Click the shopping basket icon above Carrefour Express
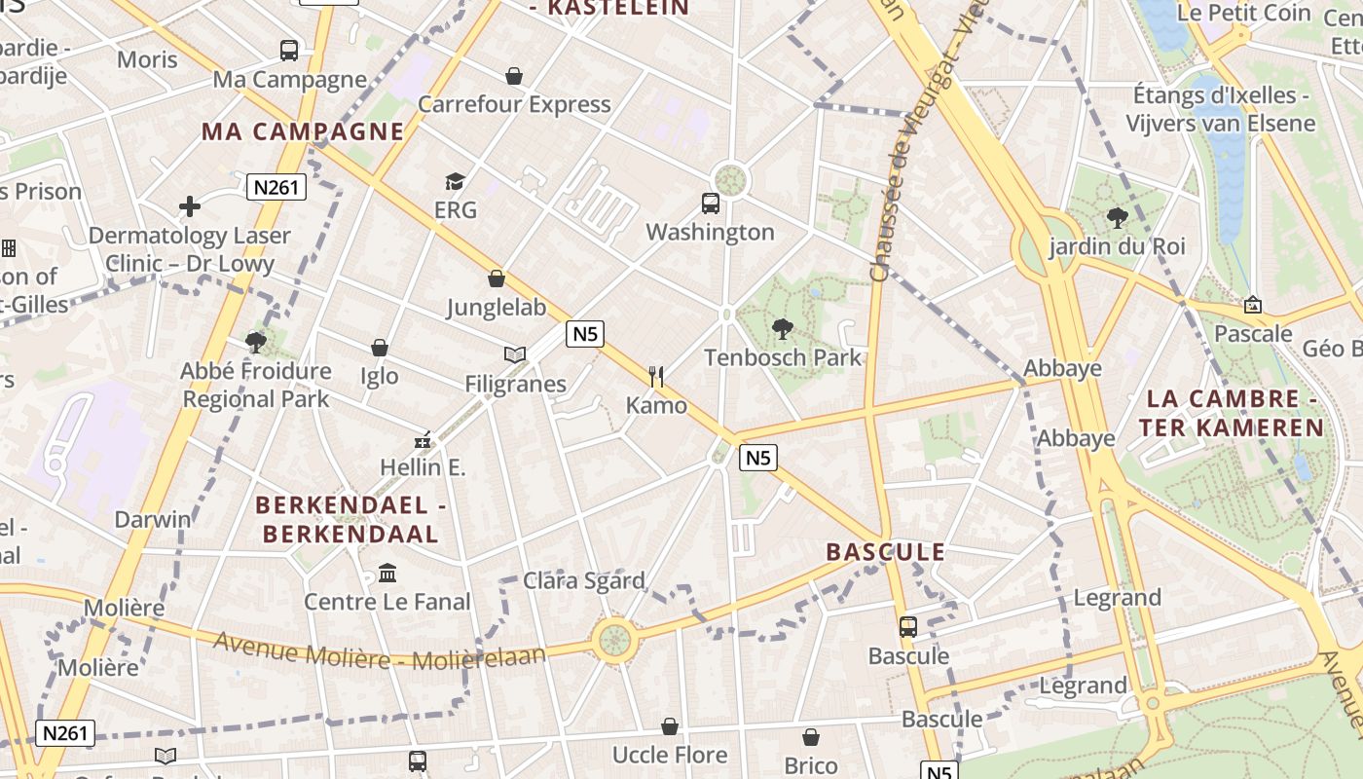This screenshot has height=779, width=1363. coord(513,76)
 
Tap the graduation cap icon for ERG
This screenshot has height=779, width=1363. coord(455,181)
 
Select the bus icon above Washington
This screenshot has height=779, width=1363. coord(711,204)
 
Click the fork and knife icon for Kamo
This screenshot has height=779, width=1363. coord(656,376)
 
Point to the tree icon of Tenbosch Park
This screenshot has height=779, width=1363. coord(782,329)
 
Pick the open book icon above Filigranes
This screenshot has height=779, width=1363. coord(515,355)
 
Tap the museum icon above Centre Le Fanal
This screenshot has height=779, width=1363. coord(387,573)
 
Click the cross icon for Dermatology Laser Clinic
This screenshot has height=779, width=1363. coord(190,206)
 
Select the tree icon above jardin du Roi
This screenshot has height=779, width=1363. coord(1117,217)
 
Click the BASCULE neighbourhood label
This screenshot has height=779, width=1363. coord(886,552)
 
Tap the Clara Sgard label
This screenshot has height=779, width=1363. coord(584,581)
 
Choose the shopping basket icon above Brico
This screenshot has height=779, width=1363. coord(810,737)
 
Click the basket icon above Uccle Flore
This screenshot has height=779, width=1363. coord(670,726)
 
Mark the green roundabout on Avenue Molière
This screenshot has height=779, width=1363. coord(613,641)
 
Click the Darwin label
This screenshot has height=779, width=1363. coord(153,519)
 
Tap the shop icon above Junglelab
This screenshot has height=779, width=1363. coord(497,279)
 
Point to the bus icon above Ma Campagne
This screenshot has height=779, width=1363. coord(289,51)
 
